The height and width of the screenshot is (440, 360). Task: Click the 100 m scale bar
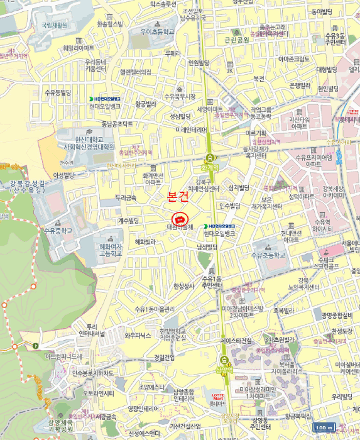[324, 428]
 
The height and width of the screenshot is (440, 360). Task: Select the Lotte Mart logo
[219, 397]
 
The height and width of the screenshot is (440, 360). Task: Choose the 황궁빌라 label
[145, 104]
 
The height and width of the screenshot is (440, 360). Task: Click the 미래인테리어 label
[192, 129]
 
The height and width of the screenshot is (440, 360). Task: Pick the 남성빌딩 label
[207, 247]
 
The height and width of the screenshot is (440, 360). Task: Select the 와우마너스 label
[138, 336]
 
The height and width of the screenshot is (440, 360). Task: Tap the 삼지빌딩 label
[239, 187]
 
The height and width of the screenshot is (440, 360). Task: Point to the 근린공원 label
[237, 39]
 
